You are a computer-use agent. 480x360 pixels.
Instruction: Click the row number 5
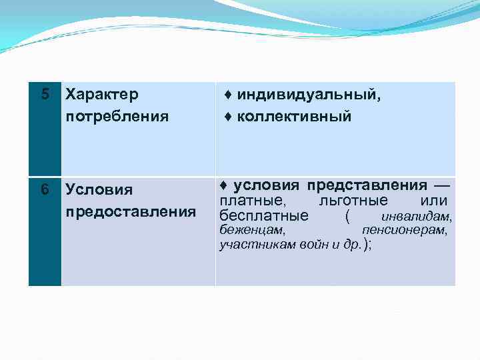click(45, 95)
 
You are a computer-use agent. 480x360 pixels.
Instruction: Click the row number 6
click(45, 190)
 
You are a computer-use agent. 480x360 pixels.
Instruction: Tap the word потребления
click(117, 117)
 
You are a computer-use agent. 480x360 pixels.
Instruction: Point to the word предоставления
click(131, 212)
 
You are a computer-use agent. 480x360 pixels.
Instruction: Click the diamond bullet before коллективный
click(228, 117)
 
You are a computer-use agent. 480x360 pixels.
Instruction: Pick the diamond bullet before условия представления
click(224, 185)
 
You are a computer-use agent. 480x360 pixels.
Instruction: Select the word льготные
click(353, 201)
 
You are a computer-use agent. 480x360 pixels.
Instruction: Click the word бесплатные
click(264, 216)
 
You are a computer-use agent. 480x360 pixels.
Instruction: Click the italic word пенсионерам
click(405, 230)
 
